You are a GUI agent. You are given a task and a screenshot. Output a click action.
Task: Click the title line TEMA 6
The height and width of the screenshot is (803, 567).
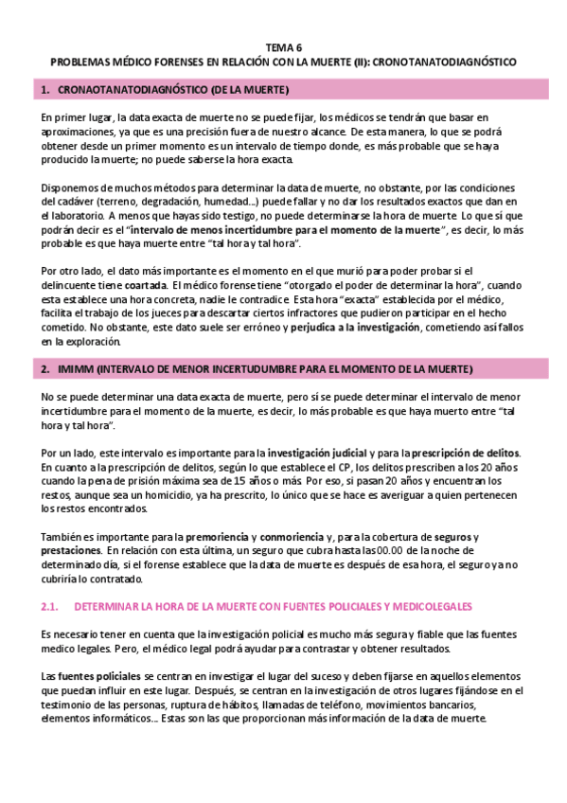coord(283,46)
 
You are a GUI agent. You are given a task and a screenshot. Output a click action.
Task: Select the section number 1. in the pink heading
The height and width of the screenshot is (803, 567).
coord(45,90)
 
